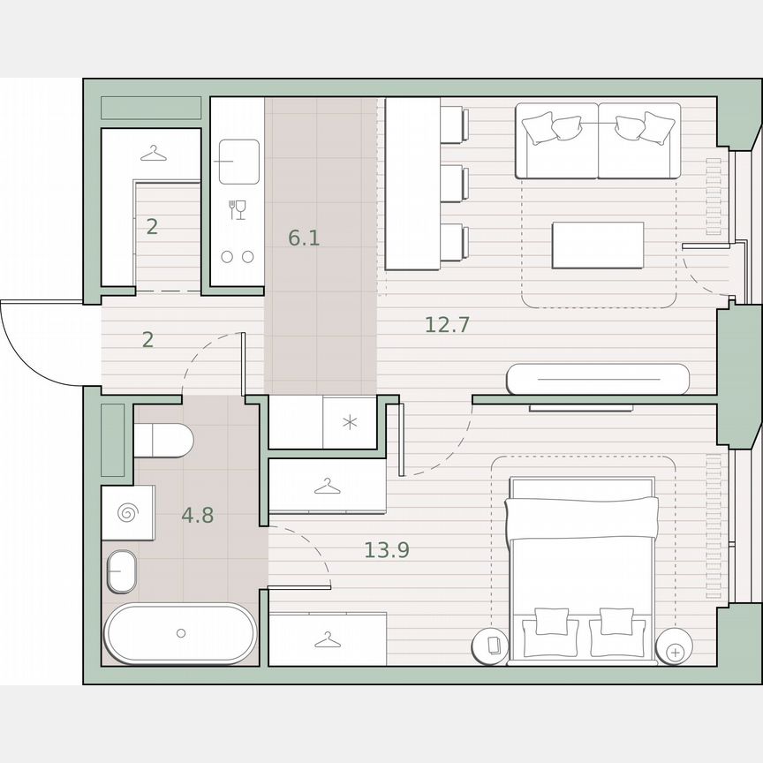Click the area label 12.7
pos(447,324)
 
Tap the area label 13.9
pos(387,551)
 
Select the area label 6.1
pos(304,238)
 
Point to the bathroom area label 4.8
pos(198,516)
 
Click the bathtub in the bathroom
pos(181,633)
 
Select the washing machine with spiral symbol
pos(128,512)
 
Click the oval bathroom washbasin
pos(122,572)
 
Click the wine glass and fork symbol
pos(237,209)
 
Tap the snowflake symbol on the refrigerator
pos(350,422)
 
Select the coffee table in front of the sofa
pos(598,245)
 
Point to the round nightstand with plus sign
pos(676,652)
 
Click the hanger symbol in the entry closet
pos(153,154)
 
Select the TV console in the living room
pos(597,379)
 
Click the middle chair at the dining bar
pos(452,183)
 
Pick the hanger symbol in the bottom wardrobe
pos(327,638)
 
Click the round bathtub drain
pos(181,633)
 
